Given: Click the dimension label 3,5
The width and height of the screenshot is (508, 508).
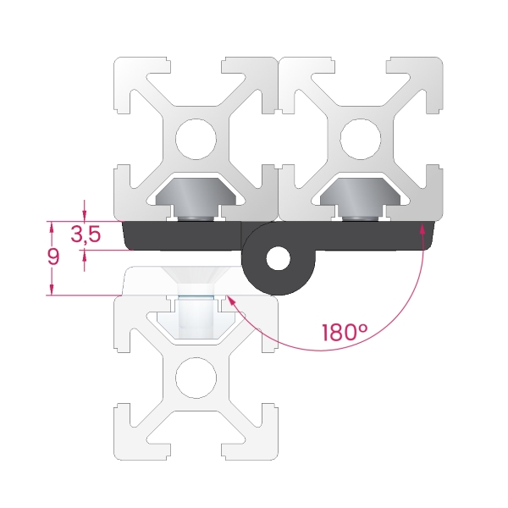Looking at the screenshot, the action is (x=86, y=234).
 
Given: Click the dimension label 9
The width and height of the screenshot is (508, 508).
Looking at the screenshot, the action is (x=53, y=257).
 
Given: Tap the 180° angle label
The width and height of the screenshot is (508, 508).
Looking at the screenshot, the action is (x=345, y=333).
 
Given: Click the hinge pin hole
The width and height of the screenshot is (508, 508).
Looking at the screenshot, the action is (x=278, y=258).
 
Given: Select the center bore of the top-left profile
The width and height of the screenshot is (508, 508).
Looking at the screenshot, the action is (x=196, y=139).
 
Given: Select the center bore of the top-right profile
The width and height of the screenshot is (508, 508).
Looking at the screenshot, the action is (x=361, y=139).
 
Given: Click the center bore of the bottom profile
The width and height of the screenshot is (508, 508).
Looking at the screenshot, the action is (x=196, y=378).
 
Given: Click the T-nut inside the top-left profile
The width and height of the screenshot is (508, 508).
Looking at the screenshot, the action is (x=196, y=198).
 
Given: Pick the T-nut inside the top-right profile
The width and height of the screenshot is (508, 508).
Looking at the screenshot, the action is (x=361, y=198).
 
